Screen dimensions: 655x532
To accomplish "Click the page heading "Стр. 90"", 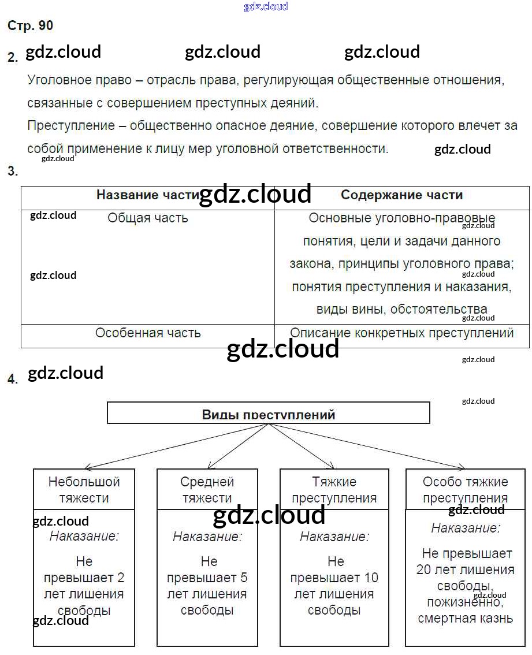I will (x=30, y=25).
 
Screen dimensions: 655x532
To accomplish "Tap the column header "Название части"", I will (x=147, y=195).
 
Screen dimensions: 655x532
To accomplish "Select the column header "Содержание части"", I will (x=401, y=195).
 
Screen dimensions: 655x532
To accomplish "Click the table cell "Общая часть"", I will (x=147, y=218).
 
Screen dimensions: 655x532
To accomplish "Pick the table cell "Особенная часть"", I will (x=148, y=333).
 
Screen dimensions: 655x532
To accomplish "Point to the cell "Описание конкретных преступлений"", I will (x=401, y=333).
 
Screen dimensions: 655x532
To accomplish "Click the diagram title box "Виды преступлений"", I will (x=269, y=414).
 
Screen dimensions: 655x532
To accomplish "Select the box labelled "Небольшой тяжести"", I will (x=84, y=489).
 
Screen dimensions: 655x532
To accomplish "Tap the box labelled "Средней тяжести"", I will (x=207, y=489).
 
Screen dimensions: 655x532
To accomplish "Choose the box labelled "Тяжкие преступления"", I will (x=334, y=489).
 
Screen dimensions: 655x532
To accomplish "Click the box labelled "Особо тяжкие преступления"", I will (x=465, y=489).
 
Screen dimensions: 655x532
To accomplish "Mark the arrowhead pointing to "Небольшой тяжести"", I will (x=87, y=467).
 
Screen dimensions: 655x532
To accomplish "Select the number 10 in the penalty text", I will (x=371, y=578).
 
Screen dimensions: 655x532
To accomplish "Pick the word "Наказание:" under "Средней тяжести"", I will (x=207, y=537).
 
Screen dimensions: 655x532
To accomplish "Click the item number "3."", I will (x=12, y=171).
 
